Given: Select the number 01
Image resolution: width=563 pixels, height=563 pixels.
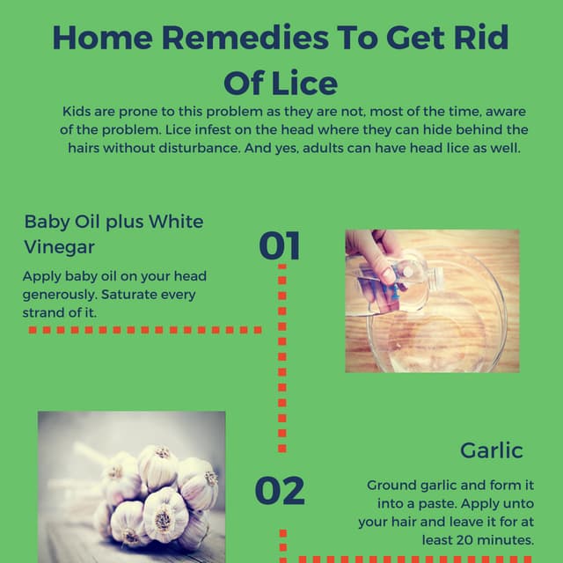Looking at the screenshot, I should pyautogui.click(x=280, y=247).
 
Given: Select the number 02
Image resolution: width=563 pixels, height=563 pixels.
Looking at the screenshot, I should pyautogui.click(x=280, y=491).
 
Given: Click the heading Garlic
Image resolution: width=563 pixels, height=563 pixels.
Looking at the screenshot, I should pyautogui.click(x=491, y=450).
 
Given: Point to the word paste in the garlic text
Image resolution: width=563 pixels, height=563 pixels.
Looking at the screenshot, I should pyautogui.click(x=432, y=504).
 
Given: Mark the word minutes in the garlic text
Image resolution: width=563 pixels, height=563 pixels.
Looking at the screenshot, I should pyautogui.click(x=505, y=540).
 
